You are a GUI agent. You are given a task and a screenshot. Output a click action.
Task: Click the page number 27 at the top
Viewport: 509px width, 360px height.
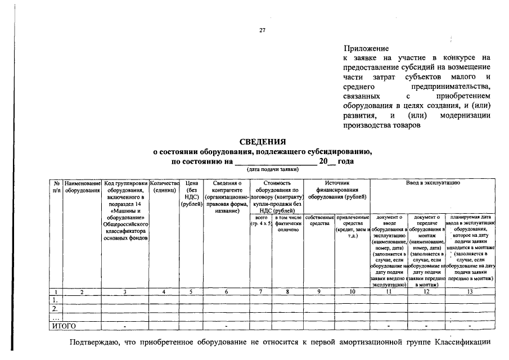click(x=262, y=30)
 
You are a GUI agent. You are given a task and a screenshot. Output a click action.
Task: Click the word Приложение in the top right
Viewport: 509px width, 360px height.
click(x=366, y=49)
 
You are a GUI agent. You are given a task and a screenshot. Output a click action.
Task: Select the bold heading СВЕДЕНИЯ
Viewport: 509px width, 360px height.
click(x=263, y=142)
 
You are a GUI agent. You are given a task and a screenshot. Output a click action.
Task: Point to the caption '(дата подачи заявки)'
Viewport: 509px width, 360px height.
click(x=271, y=169)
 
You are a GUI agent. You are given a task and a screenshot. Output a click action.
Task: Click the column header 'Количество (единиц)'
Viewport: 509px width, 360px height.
click(x=164, y=187)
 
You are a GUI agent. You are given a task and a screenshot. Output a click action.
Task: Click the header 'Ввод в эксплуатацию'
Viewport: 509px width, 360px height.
click(x=433, y=183)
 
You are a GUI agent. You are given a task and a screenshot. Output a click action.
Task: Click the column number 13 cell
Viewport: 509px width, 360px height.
click(x=470, y=292)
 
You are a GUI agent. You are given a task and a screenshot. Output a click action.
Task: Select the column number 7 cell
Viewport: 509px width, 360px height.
click(x=261, y=292)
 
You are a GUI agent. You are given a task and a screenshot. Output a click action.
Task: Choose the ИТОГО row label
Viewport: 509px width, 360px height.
click(x=64, y=326)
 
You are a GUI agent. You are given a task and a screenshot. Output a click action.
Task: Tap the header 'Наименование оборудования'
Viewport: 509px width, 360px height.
click(x=82, y=187)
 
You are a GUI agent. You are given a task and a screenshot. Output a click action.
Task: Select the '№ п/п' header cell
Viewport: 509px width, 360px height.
click(x=57, y=187)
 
